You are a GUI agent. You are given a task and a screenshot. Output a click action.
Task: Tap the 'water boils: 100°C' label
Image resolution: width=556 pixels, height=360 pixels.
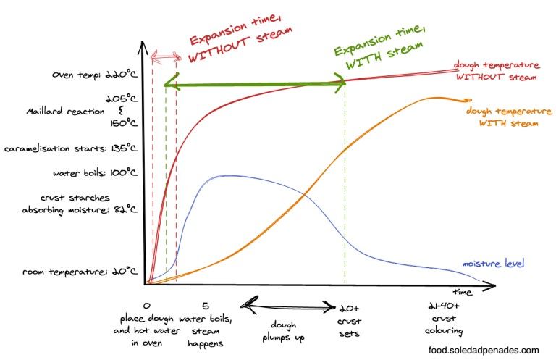[96, 173]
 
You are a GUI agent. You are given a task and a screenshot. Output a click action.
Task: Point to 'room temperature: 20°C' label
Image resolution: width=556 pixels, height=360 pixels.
[80, 271]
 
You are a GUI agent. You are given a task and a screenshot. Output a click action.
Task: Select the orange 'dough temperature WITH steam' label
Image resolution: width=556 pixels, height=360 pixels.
[508, 117]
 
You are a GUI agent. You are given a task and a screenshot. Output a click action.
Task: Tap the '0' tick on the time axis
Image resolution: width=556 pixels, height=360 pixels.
[147, 306]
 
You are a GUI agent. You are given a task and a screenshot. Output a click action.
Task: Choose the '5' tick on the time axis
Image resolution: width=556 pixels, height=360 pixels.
[206, 306]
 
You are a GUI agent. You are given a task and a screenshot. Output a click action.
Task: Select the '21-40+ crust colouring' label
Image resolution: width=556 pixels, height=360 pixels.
[444, 319]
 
